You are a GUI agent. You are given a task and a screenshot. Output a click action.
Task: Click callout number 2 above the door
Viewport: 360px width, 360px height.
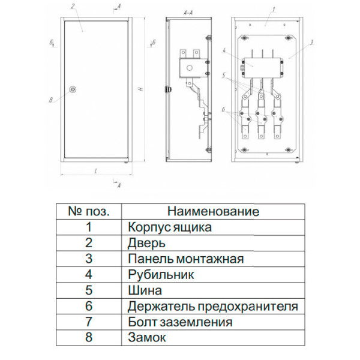(x=72, y=7)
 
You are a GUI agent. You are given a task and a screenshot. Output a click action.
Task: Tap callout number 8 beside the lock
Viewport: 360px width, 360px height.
(x=52, y=100)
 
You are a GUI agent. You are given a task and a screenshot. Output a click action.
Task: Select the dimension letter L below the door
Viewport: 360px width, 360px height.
(x=96, y=171)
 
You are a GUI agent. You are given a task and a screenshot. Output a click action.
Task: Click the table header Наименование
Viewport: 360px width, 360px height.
(x=213, y=212)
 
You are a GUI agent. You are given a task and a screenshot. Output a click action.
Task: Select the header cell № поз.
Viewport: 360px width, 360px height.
(x=89, y=212)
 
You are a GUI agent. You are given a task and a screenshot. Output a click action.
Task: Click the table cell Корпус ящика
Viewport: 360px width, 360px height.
(x=170, y=227)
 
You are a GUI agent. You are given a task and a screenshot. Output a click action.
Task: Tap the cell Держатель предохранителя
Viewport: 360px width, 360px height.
(x=212, y=307)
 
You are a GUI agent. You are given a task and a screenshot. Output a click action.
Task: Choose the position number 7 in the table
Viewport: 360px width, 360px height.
(x=89, y=322)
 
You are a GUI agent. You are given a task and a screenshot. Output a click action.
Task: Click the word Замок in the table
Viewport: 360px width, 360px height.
(x=147, y=338)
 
